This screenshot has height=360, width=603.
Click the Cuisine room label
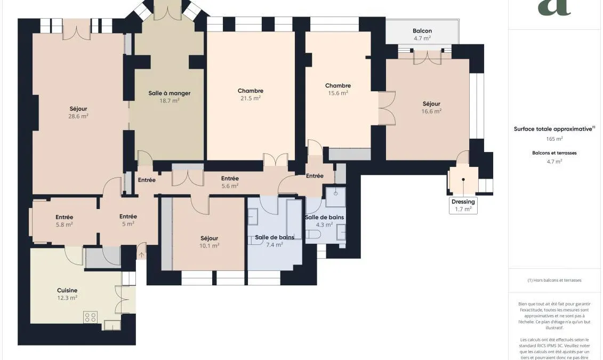click(67, 290)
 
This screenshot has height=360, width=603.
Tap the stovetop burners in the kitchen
click(91, 317)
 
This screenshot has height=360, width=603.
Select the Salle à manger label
click(170, 93)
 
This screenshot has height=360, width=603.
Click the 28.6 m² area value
click(78, 116)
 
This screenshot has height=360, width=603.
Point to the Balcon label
click(422, 31)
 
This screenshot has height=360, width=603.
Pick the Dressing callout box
click(463, 205)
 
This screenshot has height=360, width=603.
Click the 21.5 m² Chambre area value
click(251, 98)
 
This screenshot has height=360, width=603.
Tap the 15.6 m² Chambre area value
click(338, 93)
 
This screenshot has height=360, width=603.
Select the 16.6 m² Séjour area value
click(431, 111)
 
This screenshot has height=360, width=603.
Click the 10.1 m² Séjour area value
click(209, 246)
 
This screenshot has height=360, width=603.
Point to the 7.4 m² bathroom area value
click(275, 245)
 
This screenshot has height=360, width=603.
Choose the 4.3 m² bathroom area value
click(324, 225)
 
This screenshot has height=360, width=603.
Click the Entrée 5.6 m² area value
click(230, 186)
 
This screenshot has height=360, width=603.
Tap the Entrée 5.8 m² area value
click(64, 225)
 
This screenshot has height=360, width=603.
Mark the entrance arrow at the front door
click(141, 254)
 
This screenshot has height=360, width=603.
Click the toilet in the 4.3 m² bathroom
click(313, 234)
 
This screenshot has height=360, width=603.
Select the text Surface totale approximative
click(553, 129)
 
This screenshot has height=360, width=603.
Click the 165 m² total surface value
click(554, 139)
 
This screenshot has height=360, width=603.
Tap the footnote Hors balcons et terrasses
click(554, 280)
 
